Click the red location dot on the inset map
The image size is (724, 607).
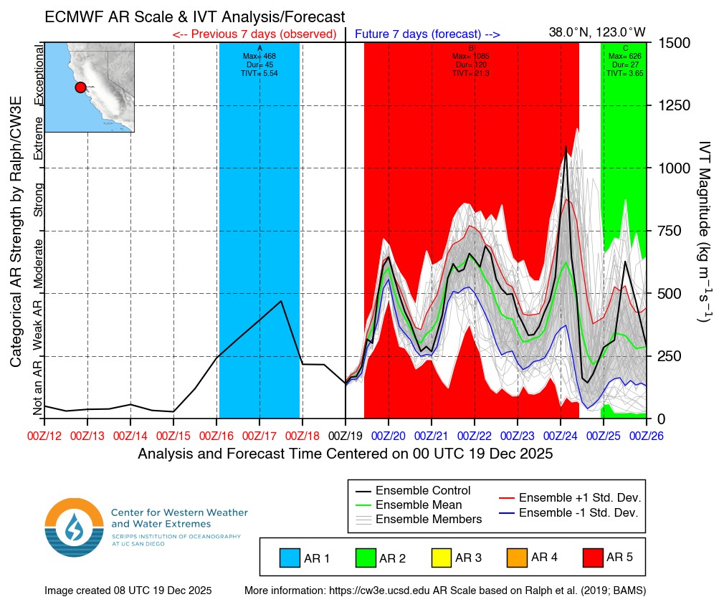pos(80,87)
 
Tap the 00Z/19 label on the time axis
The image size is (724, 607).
pos(346,434)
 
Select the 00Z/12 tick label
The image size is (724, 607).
pos(44,434)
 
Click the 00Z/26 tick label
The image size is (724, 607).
pos(647,434)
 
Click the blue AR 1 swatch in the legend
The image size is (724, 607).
pos(290,557)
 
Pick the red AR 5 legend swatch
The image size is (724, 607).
pos(593,557)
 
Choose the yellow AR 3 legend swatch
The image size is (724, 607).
pos(441,557)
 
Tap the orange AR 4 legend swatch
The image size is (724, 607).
pos(517,557)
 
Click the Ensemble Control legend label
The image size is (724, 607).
pos(423,491)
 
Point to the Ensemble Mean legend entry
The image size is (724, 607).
pos(417,505)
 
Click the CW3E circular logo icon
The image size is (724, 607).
pos(74,527)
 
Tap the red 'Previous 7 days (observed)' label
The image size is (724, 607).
pos(254,34)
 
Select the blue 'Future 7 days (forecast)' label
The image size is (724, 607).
pos(427,34)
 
